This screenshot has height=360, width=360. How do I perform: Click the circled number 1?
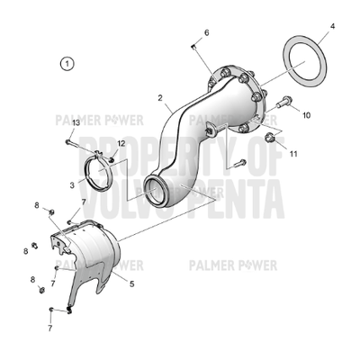[66, 63]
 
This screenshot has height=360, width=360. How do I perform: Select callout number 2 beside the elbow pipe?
[159, 97]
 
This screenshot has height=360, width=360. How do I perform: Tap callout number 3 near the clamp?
[72, 184]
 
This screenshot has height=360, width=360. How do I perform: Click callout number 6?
[206, 33]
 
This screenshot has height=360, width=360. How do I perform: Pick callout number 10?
[306, 115]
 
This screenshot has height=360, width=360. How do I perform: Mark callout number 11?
[293, 153]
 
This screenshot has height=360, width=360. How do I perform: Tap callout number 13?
[76, 122]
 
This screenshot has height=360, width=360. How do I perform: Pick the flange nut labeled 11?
[269, 137]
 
